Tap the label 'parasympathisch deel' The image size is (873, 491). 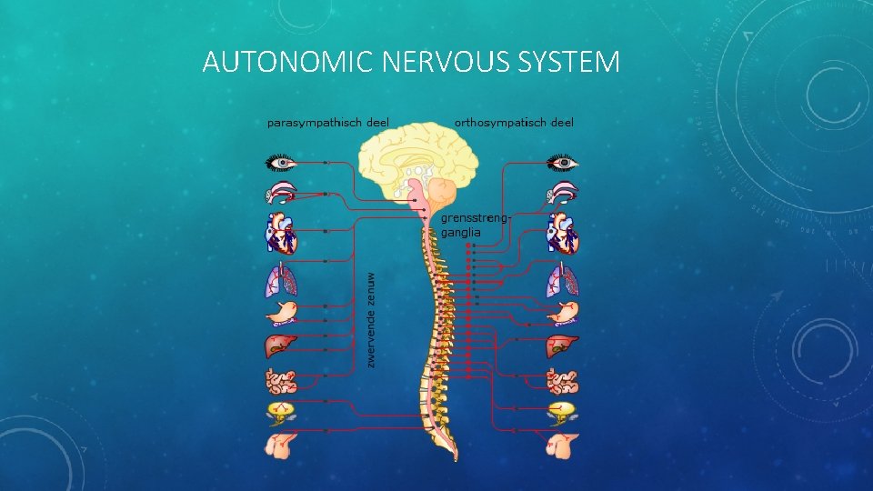pyautogui.click(x=327, y=122)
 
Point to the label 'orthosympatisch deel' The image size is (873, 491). pyautogui.click(x=514, y=122)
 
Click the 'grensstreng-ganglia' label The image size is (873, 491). pyautogui.click(x=475, y=225)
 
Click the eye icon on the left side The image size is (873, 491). pyautogui.click(x=281, y=163)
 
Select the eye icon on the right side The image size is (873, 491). pyautogui.click(x=563, y=163)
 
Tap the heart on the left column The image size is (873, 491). pyautogui.click(x=280, y=233)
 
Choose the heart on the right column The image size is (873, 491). pyautogui.click(x=562, y=233)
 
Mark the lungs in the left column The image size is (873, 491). pyautogui.click(x=280, y=280)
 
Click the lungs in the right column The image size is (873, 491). pyautogui.click(x=563, y=280)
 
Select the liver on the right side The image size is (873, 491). pyautogui.click(x=563, y=346)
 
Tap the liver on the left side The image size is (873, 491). pyautogui.click(x=280, y=346)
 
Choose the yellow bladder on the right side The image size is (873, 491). pyautogui.click(x=563, y=411)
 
